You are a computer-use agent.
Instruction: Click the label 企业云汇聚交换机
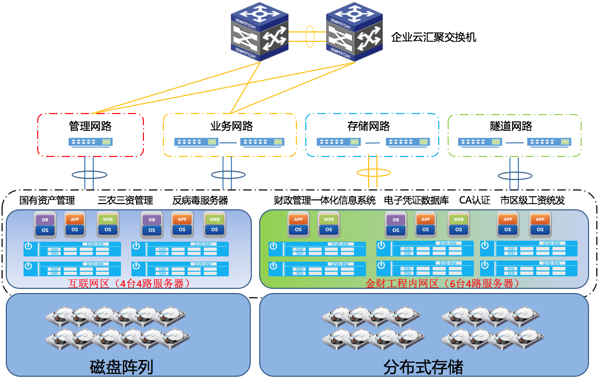434,37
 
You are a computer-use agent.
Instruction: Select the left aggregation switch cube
260,31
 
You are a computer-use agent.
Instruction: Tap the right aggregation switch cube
354,31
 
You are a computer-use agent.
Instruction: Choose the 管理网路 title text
91,126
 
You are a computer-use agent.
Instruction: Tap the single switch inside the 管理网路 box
91,142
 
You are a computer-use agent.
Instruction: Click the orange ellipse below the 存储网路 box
373,172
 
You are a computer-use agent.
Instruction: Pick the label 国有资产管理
47,200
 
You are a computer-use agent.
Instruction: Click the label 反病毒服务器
200,200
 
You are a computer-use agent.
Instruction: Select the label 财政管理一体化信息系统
325,200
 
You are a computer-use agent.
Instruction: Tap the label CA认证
474,200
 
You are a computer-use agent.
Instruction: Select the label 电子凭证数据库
416,200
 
